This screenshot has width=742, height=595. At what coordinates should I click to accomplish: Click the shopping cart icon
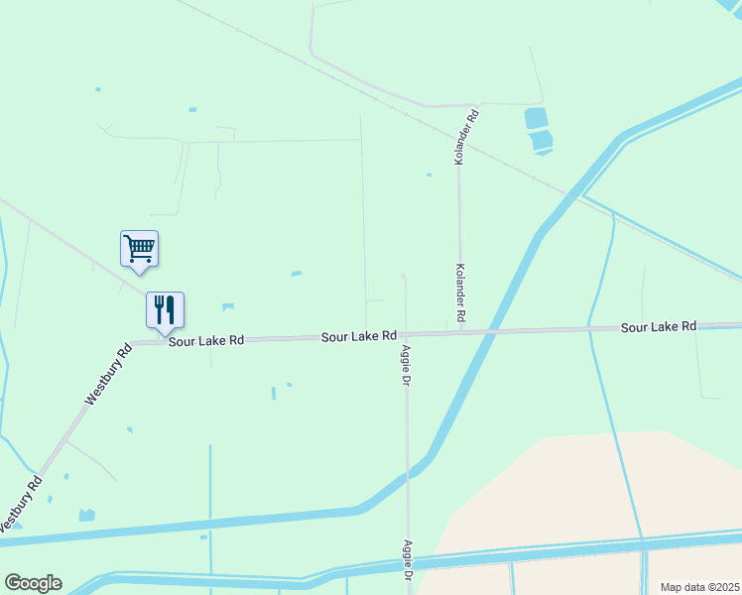[139, 248]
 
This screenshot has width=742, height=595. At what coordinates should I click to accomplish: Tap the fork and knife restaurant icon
[165, 309]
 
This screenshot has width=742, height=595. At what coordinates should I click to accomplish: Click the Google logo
[33, 583]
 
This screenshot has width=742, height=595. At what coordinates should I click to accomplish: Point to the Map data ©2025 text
[699, 587]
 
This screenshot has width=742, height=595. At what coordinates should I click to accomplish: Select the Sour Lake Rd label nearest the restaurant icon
[205, 340]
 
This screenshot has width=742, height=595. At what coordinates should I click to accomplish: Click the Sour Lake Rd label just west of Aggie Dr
[359, 337]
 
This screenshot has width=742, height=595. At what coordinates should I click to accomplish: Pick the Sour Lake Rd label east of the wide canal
[659, 326]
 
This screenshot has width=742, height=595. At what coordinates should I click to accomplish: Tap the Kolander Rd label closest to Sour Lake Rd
[460, 292]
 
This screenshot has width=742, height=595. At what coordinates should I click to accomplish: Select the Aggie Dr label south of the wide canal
[407, 559]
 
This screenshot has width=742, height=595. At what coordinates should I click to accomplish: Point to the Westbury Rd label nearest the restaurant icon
[108, 375]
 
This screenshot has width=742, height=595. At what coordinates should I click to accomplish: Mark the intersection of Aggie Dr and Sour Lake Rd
[405, 335]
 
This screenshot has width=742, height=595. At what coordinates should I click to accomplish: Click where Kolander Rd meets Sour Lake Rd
[460, 333]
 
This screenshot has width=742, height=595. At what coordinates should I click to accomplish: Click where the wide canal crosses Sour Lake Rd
[492, 332]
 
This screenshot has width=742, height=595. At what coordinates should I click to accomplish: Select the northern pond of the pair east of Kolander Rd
[536, 118]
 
